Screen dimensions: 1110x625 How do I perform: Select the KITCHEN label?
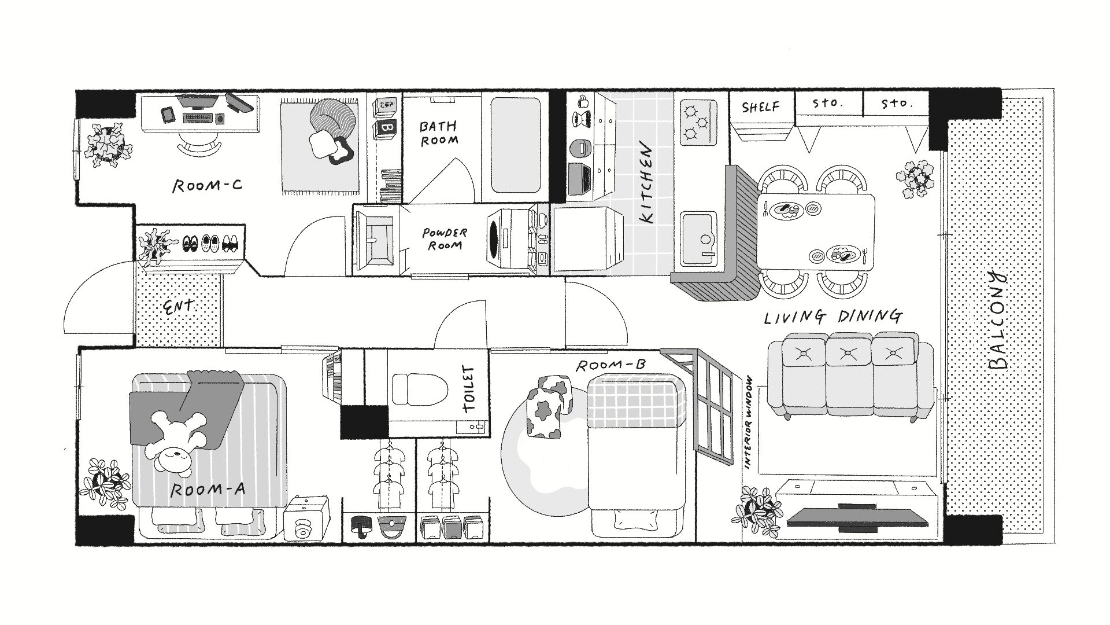click(648, 184)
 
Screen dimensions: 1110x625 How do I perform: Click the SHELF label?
click(760, 107)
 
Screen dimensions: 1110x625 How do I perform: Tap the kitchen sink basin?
click(698, 237)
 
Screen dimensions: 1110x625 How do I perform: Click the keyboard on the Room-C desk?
click(199, 118)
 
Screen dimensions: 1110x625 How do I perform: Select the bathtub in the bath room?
click(516, 144)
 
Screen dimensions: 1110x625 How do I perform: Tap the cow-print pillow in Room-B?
click(546, 408)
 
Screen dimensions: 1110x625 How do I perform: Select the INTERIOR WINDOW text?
click(749, 422)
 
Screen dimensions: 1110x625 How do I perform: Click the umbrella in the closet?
click(361, 525)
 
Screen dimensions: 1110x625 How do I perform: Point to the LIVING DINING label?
click(832, 317)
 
